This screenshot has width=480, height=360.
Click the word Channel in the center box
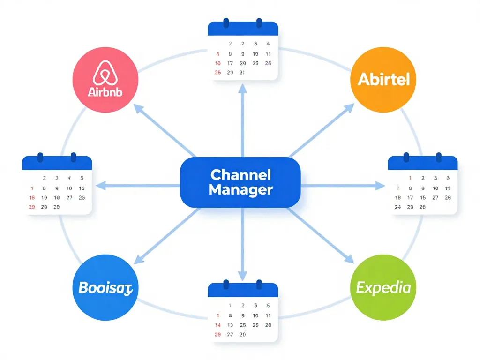[240, 175]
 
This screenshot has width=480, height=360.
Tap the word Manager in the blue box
[240, 190]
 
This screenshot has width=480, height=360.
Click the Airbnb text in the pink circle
[105, 91]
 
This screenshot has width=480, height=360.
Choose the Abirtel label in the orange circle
[383, 79]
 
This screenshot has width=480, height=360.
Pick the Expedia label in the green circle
[383, 287]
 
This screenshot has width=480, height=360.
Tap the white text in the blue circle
[105, 287]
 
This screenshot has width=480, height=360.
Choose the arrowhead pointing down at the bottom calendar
[242, 277]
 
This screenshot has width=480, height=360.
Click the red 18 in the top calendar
[217, 63]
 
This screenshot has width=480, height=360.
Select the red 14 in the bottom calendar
[217, 325]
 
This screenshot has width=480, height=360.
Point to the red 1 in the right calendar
[410, 178]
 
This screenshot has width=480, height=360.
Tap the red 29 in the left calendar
[32, 207]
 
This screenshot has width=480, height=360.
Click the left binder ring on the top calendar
[226, 23]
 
